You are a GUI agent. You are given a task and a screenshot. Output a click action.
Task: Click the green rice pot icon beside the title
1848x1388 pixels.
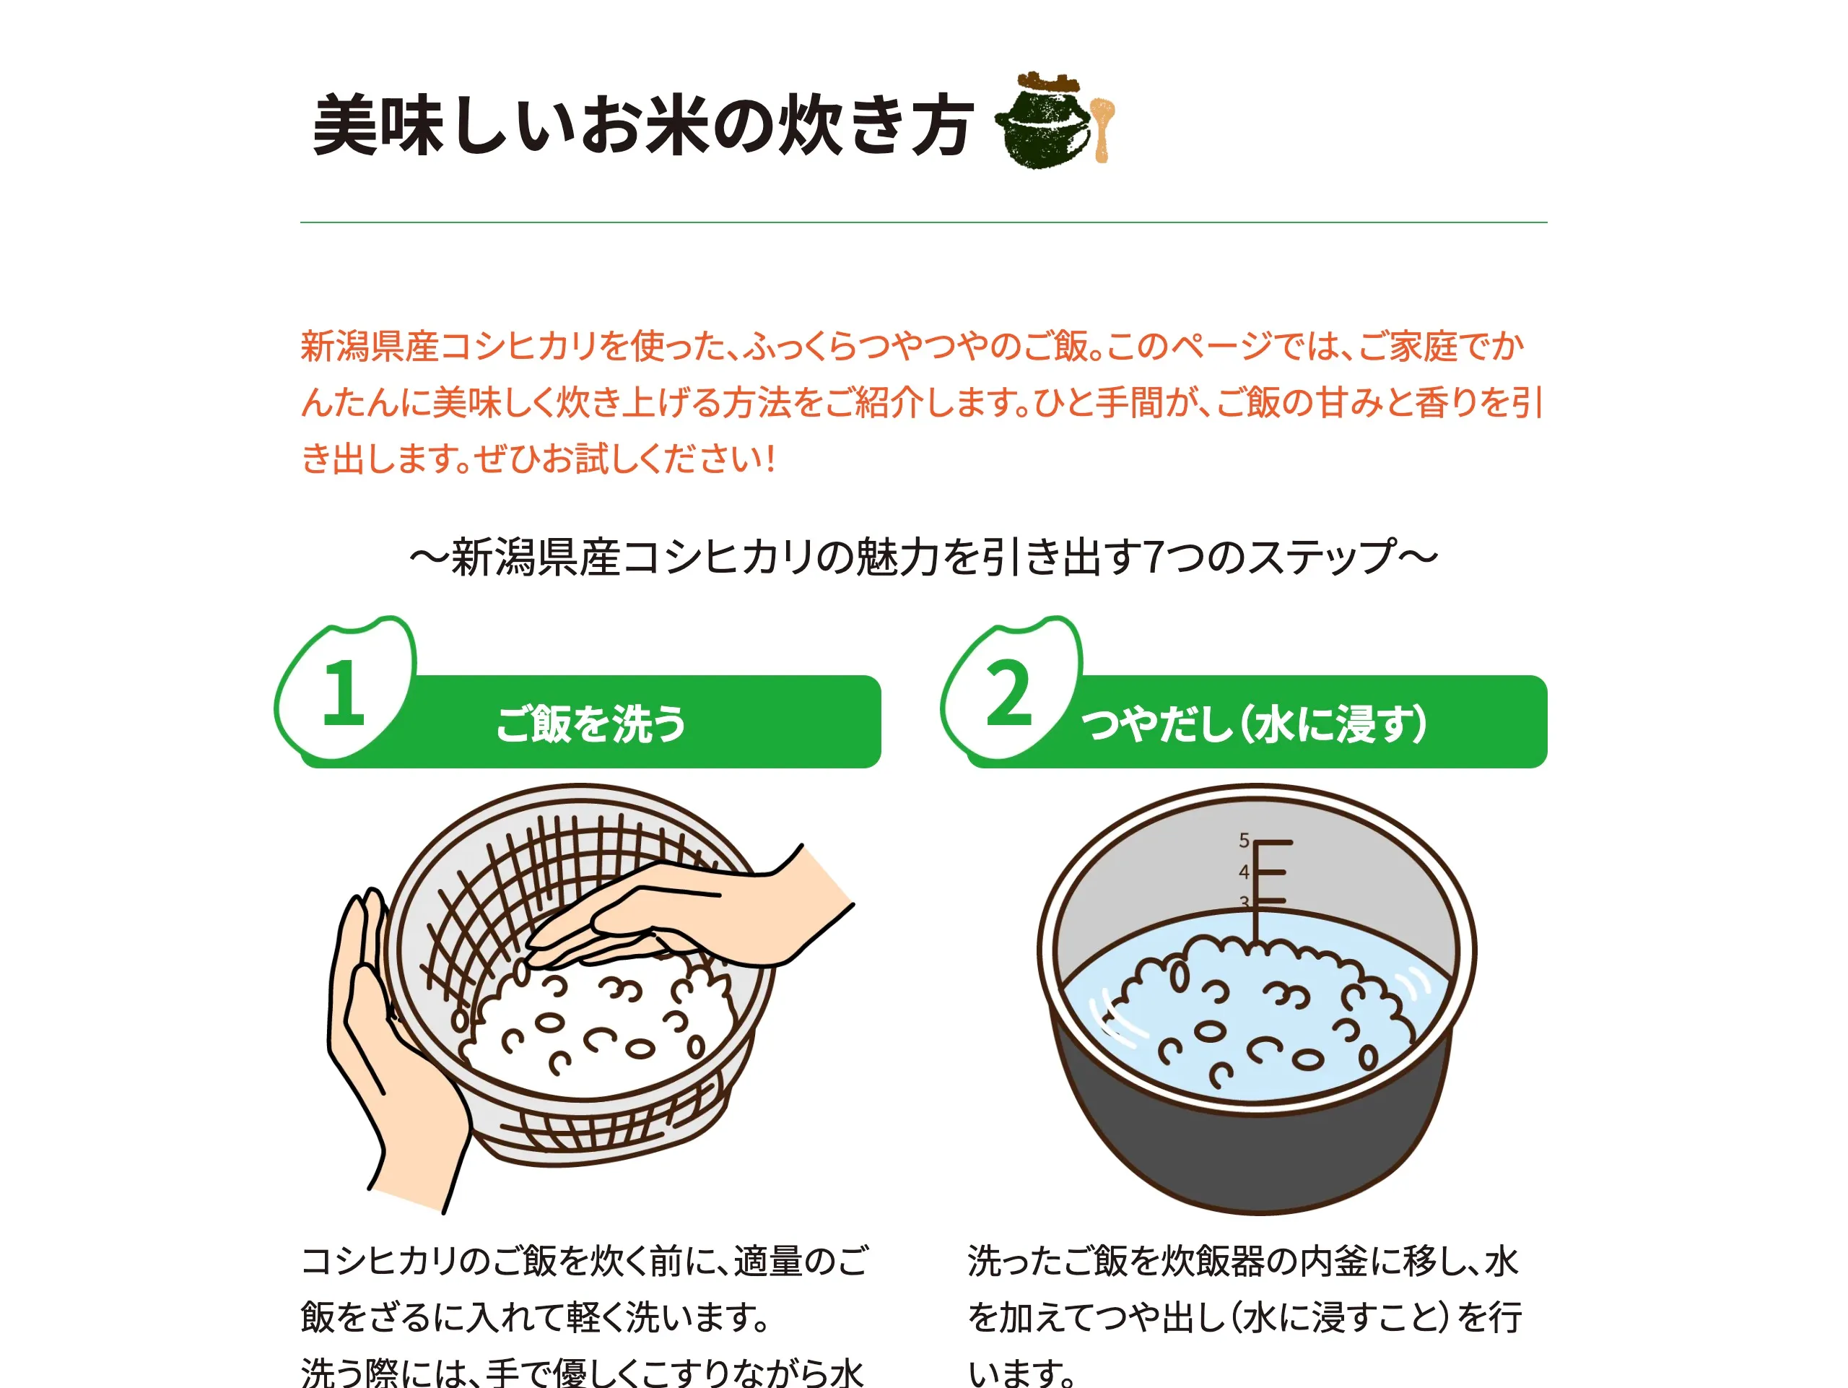tap(1042, 121)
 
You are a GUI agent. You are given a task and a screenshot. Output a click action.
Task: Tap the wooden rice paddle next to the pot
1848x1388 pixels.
tap(1103, 129)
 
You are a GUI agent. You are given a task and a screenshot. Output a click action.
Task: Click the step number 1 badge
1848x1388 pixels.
tap(345, 690)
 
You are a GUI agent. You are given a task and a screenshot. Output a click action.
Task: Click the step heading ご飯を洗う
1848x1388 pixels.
tap(590, 724)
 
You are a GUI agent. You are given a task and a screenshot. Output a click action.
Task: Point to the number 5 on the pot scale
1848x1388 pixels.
tap(1244, 840)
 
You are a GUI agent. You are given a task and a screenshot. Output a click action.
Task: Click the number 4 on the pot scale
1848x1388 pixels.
tap(1244, 872)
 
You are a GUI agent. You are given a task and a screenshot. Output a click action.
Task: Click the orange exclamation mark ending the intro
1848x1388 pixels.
tap(770, 459)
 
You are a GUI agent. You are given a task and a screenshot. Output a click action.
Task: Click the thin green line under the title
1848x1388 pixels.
tap(923, 222)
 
